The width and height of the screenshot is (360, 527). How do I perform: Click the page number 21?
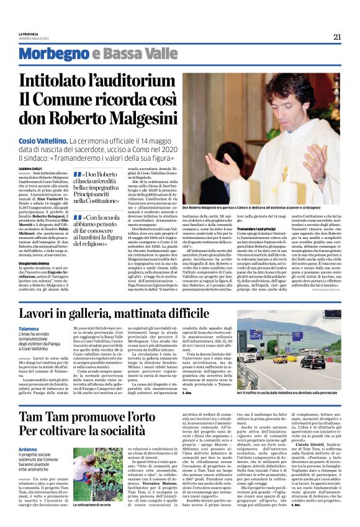coord(337,37)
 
